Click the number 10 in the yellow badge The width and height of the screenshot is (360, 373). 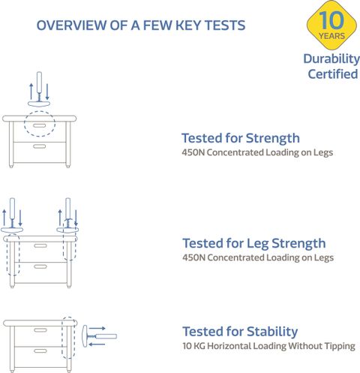[331, 20]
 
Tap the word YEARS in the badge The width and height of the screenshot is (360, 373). [331, 36]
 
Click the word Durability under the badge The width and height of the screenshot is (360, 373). [331, 59]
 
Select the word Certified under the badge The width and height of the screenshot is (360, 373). [333, 74]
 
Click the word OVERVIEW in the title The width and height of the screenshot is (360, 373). [71, 26]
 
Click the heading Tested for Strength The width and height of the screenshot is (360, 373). [241, 138]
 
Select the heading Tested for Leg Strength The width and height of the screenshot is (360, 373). [254, 244]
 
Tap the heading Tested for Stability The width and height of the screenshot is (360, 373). [240, 332]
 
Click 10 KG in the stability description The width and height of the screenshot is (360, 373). [193, 346]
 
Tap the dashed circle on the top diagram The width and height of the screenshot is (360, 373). [40, 111]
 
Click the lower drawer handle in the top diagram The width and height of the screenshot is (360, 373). [40, 146]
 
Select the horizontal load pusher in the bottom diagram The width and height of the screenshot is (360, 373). [99, 336]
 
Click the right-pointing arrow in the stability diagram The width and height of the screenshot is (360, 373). [97, 328]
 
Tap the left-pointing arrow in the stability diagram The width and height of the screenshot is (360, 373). [97, 344]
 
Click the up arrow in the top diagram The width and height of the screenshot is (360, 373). [31, 91]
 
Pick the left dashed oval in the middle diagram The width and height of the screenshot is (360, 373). [7, 255]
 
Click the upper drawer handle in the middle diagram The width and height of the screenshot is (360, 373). [40, 245]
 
